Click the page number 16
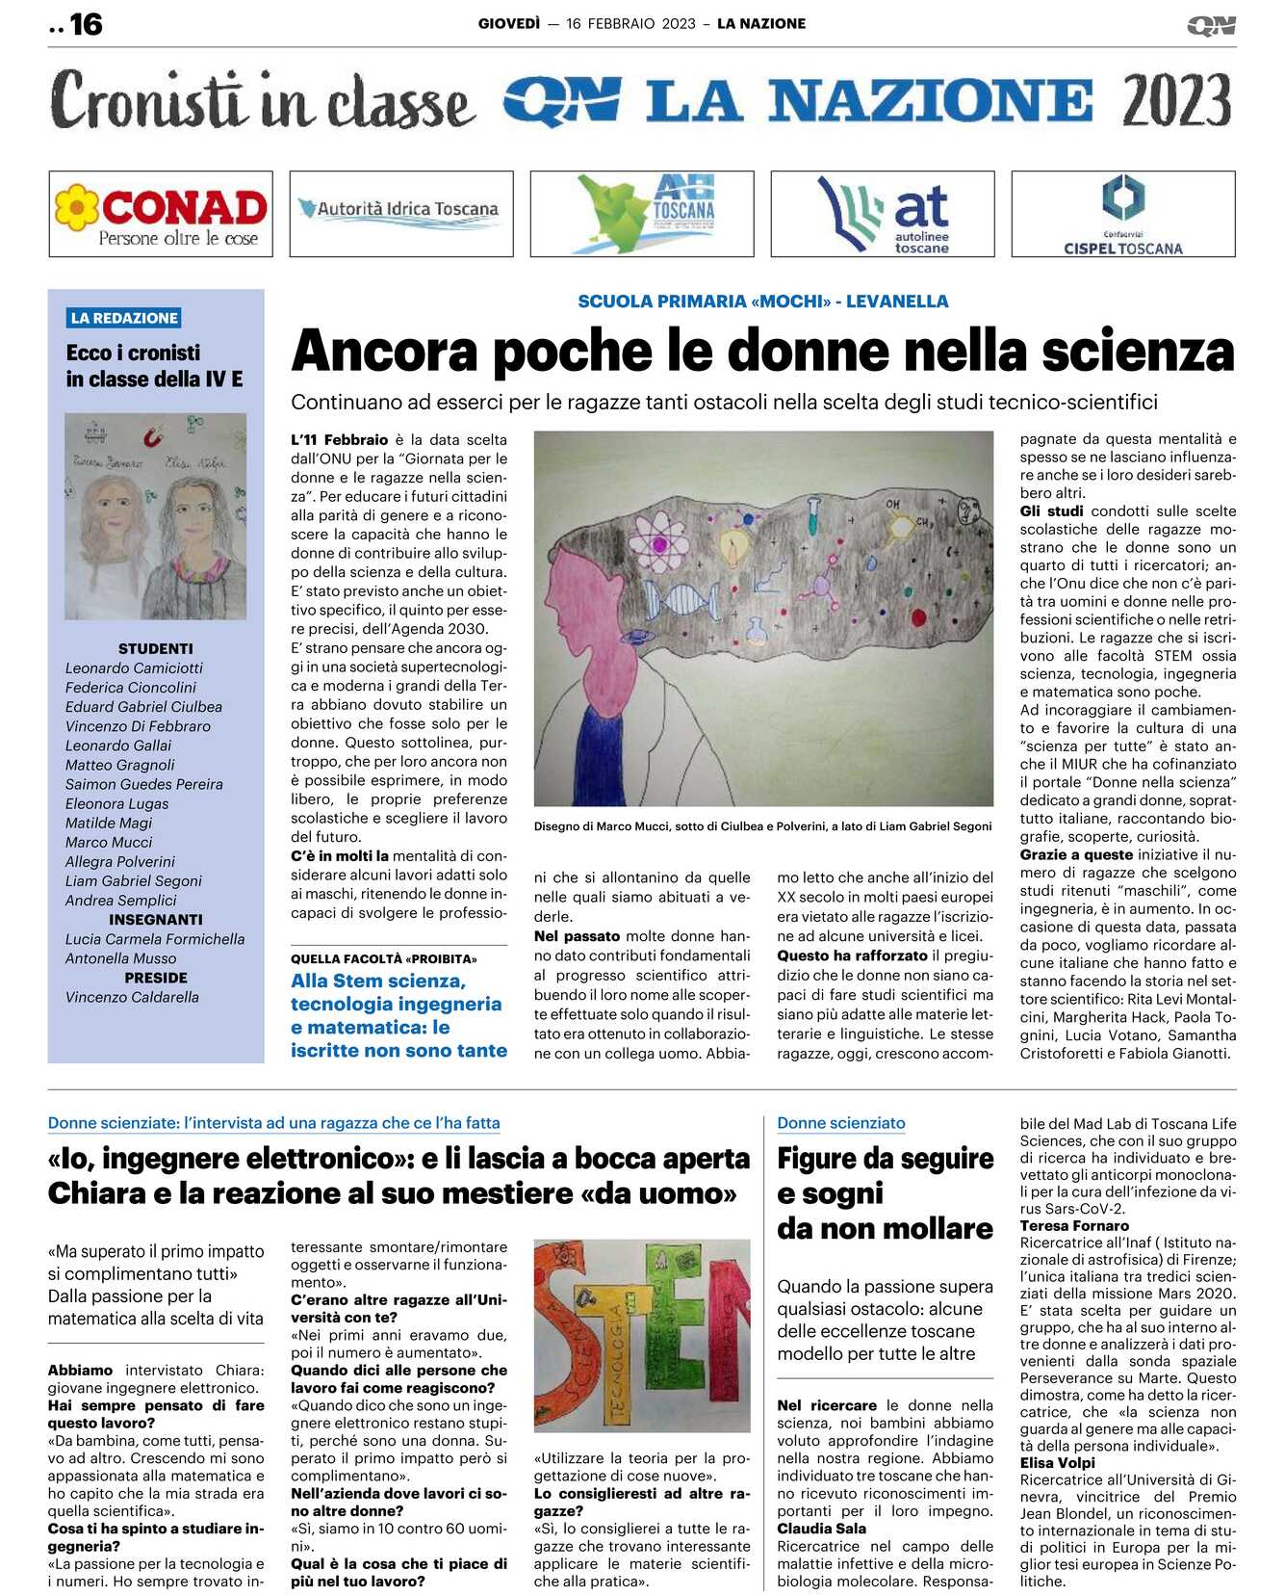pyautogui.click(x=86, y=24)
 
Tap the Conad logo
pyautogui.click(x=161, y=214)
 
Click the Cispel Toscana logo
pyautogui.click(x=1122, y=214)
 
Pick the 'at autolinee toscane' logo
pyautogui.click(x=883, y=214)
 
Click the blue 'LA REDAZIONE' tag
pyautogui.click(x=124, y=318)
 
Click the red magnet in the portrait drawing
pyautogui.click(x=152, y=438)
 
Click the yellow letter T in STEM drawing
pyautogui.click(x=616, y=1348)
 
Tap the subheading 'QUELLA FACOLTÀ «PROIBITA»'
pyautogui.click(x=384, y=958)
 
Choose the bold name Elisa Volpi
pyautogui.click(x=1057, y=1462)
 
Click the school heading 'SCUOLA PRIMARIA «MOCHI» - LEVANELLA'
pyautogui.click(x=762, y=301)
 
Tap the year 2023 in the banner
pyautogui.click(x=1176, y=101)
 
